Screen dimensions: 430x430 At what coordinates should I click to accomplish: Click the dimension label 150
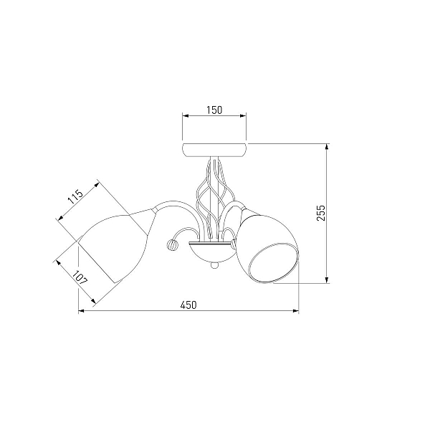pos(214,110)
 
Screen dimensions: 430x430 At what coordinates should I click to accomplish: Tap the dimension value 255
pos(320,213)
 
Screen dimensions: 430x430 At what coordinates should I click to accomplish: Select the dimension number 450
pos(188,305)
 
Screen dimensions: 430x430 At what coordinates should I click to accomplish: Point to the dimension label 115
pos(75,196)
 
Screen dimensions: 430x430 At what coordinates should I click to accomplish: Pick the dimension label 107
pos(80,277)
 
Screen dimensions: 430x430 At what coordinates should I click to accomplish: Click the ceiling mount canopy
pos(214,150)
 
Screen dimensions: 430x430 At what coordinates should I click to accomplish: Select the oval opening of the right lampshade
pos(273,262)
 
